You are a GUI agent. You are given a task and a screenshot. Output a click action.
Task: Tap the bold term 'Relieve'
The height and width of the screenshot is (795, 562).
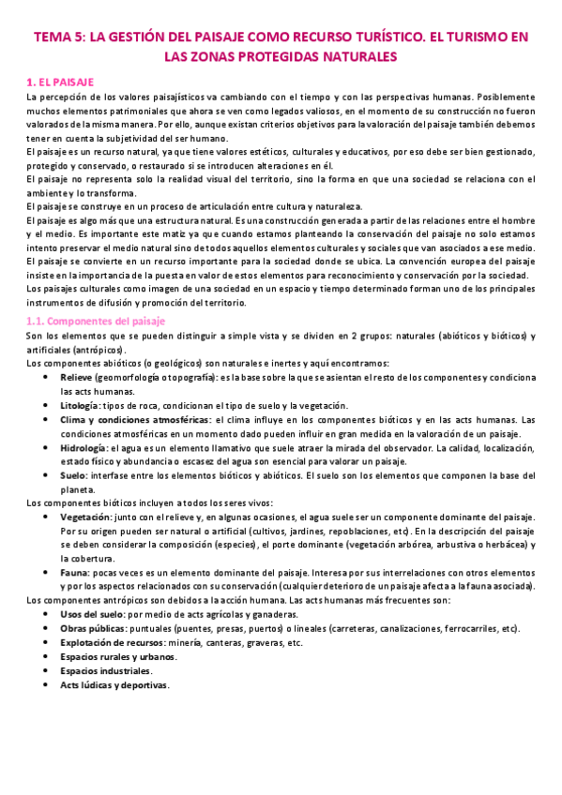pyautogui.click(x=77, y=377)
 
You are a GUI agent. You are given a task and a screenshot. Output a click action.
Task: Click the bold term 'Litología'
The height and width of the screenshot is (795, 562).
pyautogui.click(x=82, y=405)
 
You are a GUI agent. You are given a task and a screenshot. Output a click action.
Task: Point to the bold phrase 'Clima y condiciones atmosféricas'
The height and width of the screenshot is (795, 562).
pyautogui.click(x=129, y=419)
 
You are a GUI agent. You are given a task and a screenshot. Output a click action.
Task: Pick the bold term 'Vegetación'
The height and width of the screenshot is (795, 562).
pyautogui.click(x=85, y=517)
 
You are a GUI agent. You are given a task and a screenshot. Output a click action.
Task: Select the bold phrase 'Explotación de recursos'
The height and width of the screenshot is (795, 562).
pyautogui.click(x=110, y=643)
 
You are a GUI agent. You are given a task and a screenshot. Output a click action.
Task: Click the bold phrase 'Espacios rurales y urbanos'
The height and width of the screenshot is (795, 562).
pyautogui.click(x=116, y=657)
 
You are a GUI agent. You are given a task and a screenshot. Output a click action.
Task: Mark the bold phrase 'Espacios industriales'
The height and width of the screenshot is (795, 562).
pyautogui.click(x=104, y=671)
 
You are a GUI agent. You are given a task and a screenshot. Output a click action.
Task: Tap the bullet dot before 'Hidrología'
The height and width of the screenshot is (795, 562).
pyautogui.click(x=47, y=447)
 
